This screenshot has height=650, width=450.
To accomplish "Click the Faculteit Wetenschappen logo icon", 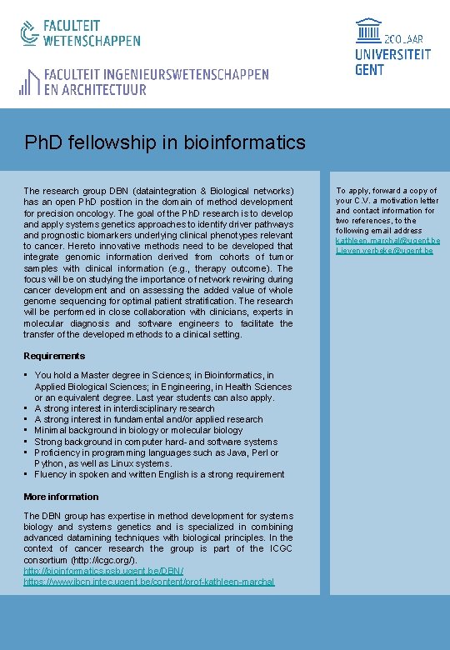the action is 29,32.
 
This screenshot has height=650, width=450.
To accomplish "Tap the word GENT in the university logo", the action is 370,70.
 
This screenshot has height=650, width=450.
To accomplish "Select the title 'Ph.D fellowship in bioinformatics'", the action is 165,142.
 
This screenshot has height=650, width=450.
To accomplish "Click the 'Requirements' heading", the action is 54,356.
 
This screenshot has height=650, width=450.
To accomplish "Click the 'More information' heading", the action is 61,497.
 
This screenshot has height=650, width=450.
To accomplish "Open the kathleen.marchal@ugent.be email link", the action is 387,241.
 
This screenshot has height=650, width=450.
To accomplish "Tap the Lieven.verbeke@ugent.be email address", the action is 384,251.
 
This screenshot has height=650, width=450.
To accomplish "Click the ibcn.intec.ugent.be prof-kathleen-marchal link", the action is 149,582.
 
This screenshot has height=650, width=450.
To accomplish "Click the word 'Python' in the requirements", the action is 49,463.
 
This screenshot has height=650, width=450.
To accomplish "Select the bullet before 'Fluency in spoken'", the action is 27,474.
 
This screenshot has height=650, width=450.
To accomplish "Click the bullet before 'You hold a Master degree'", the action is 27,376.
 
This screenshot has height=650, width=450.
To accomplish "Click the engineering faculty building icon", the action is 29,82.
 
